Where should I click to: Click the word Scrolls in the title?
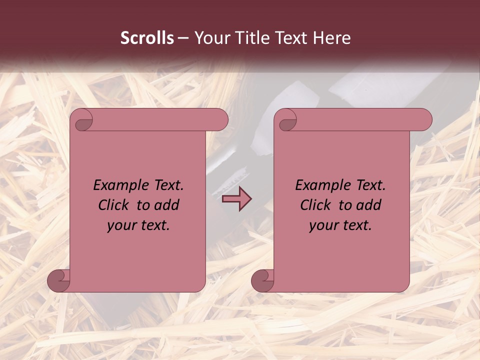click(x=147, y=38)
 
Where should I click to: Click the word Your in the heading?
click(x=212, y=38)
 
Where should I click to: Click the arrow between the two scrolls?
click(x=236, y=198)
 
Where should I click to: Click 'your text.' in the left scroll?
click(x=138, y=225)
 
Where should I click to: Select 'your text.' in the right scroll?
click(x=340, y=225)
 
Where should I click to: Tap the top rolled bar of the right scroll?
click(x=360, y=119)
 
